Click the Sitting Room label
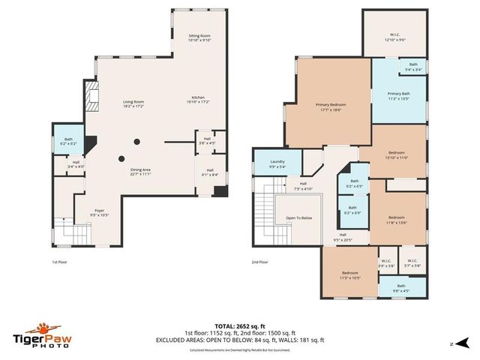(199, 38)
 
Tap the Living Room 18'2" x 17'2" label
(133, 103)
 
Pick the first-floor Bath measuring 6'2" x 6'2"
(68, 141)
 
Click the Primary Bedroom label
(330, 106)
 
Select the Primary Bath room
(398, 96)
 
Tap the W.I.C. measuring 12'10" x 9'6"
(395, 37)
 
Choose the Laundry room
(277, 164)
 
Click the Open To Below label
(298, 218)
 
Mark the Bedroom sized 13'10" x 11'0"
(395, 154)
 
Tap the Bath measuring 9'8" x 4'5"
(401, 288)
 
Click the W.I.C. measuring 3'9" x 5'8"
(387, 263)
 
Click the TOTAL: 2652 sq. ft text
(239, 325)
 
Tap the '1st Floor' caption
(60, 262)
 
